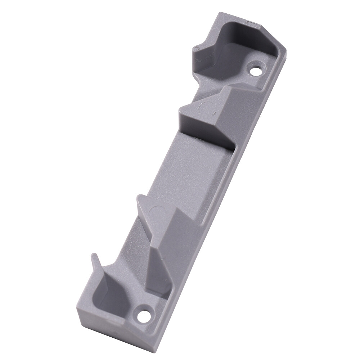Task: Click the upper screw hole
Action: [256, 70]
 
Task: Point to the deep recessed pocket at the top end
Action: [230, 50]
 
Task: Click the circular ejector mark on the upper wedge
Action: [207, 107]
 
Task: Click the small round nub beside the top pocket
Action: [195, 48]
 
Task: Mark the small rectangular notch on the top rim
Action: [250, 22]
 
